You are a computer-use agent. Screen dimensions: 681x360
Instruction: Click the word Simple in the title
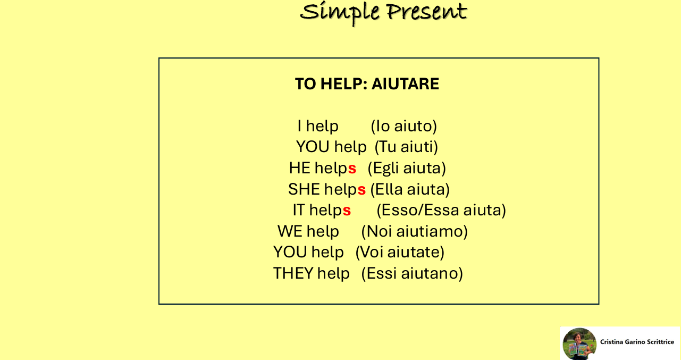click(340, 13)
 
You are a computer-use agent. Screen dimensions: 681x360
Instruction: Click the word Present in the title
click(426, 12)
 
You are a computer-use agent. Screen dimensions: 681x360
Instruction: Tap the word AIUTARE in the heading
click(405, 84)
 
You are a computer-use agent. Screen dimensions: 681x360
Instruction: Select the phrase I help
click(318, 127)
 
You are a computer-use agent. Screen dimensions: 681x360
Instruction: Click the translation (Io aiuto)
click(403, 126)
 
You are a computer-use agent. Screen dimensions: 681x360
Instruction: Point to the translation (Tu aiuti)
click(406, 147)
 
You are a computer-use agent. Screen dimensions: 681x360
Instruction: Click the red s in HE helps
click(352, 169)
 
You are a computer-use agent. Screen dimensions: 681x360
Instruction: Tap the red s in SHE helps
click(361, 190)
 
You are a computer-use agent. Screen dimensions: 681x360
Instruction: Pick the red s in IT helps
click(347, 211)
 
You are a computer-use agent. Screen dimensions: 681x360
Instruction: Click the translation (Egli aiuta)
click(407, 169)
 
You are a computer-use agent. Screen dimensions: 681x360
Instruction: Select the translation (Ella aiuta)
click(410, 189)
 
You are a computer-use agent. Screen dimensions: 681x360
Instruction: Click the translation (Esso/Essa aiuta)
click(441, 210)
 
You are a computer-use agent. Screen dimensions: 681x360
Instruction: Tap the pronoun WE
click(290, 231)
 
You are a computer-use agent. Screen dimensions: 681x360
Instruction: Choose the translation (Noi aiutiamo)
click(414, 231)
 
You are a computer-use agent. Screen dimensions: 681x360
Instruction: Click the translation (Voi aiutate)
click(400, 252)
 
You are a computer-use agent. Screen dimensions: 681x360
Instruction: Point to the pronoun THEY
click(293, 273)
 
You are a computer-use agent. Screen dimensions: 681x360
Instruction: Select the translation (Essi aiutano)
click(412, 273)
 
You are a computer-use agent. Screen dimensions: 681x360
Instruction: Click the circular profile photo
click(579, 344)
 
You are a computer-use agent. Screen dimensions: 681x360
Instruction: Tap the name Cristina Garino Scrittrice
click(637, 342)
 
